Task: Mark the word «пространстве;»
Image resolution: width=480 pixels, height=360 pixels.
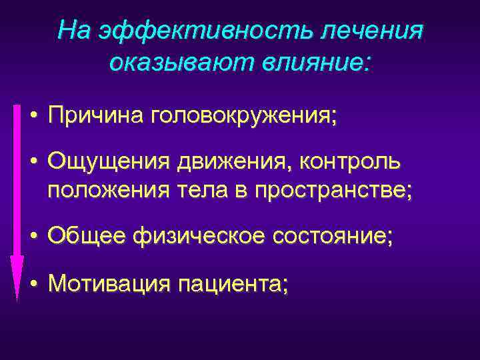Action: click(333, 191)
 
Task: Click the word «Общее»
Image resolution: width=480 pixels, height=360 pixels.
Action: click(87, 236)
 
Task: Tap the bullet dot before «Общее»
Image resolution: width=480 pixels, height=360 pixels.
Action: click(33, 237)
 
